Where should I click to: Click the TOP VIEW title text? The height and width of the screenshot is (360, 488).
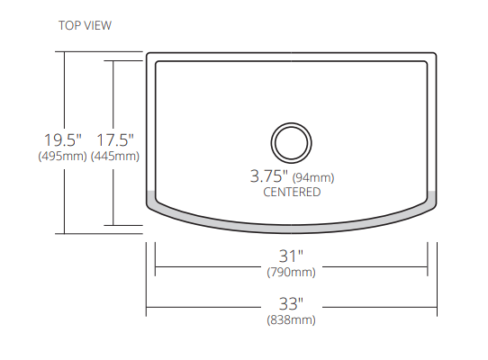pyautogui.click(x=86, y=25)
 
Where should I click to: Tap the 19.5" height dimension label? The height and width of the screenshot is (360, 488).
pyautogui.click(x=63, y=139)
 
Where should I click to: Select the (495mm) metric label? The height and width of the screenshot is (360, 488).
pyautogui.click(x=63, y=156)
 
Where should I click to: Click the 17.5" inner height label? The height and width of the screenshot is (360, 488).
pyautogui.click(x=115, y=139)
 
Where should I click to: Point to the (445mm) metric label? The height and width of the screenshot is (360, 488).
pyautogui.click(x=115, y=156)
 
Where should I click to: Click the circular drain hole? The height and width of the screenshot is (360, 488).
pyautogui.click(x=291, y=142)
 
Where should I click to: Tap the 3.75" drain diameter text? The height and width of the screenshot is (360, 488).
pyautogui.click(x=268, y=176)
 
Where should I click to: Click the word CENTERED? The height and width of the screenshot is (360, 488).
pyautogui.click(x=291, y=192)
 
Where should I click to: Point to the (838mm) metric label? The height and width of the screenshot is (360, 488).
pyautogui.click(x=291, y=319)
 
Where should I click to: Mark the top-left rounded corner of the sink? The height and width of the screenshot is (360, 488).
pyautogui.click(x=151, y=57)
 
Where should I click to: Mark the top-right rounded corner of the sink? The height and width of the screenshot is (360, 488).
pyautogui.click(x=431, y=57)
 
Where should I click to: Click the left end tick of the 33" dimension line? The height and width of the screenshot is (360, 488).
pyautogui.click(x=146, y=309)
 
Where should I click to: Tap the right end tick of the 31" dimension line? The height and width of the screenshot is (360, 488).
pyautogui.click(x=427, y=266)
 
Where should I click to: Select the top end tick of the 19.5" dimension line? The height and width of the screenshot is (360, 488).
pyautogui.click(x=63, y=52)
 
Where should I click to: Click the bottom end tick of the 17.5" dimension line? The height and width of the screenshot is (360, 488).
pyautogui.click(x=113, y=223)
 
